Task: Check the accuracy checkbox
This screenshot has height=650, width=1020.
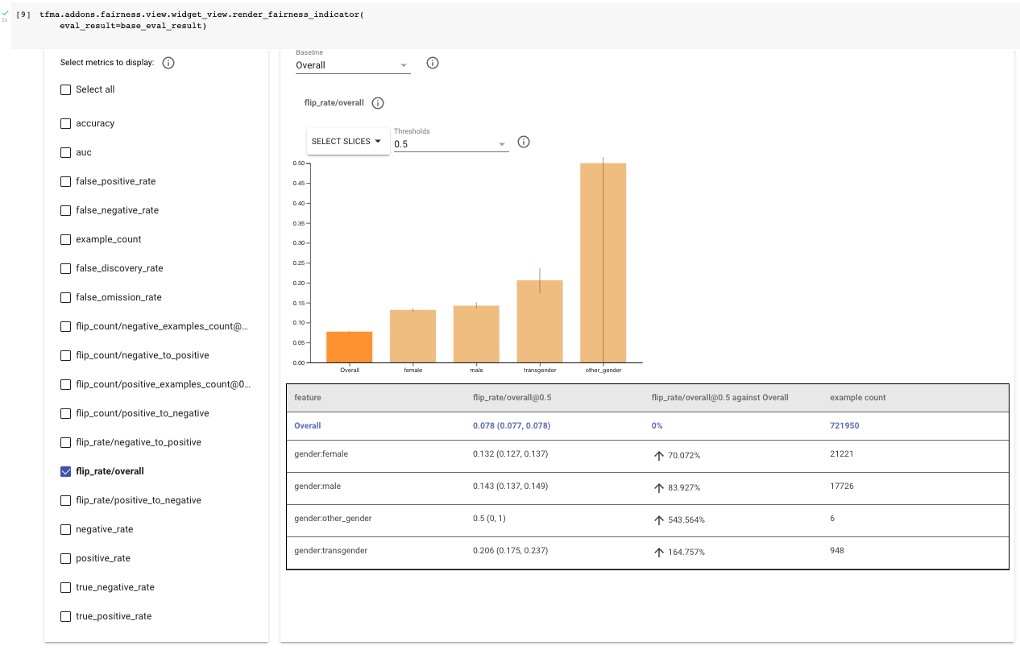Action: click(66, 123)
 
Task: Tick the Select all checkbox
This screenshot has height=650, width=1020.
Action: click(66, 89)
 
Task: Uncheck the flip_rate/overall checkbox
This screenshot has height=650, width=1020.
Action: click(66, 471)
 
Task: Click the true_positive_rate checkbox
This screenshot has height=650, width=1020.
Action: click(66, 616)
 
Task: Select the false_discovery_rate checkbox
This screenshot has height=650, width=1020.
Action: click(66, 268)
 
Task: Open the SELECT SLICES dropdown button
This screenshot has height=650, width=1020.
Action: click(347, 141)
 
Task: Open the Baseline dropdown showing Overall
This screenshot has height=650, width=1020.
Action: click(353, 65)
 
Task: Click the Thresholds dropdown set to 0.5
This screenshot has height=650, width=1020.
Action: click(450, 144)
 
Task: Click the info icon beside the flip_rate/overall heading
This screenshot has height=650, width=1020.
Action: click(378, 103)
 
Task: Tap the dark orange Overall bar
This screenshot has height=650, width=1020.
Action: click(350, 347)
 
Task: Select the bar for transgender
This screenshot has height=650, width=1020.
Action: click(540, 321)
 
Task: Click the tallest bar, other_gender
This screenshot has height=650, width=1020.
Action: click(603, 263)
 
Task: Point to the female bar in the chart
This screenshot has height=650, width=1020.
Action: click(413, 336)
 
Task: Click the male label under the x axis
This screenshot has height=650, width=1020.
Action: click(476, 370)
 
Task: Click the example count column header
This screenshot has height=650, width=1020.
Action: click(857, 397)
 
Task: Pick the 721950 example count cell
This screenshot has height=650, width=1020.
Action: click(844, 425)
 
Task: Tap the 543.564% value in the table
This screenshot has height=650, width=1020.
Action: click(686, 520)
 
